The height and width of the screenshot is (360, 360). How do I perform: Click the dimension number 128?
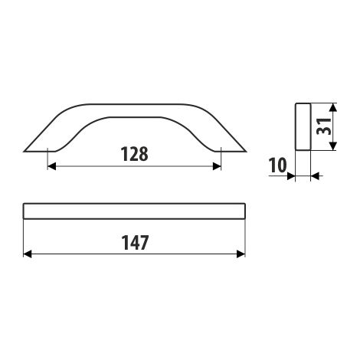point(134,154)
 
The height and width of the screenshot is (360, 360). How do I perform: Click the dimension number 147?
point(135,243)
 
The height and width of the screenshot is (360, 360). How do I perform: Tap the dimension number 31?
point(323,126)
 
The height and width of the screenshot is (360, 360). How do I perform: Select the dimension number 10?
point(277,165)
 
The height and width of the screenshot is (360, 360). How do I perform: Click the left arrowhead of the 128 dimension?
point(51,166)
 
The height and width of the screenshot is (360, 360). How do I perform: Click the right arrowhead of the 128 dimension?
point(217,166)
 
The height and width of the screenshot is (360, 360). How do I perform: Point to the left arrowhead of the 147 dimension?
point(28,254)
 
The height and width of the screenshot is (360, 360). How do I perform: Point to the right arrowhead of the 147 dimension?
point(241,254)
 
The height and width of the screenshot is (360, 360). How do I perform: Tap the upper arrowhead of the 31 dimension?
point(332,107)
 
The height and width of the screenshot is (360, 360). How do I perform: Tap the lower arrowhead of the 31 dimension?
point(332,146)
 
